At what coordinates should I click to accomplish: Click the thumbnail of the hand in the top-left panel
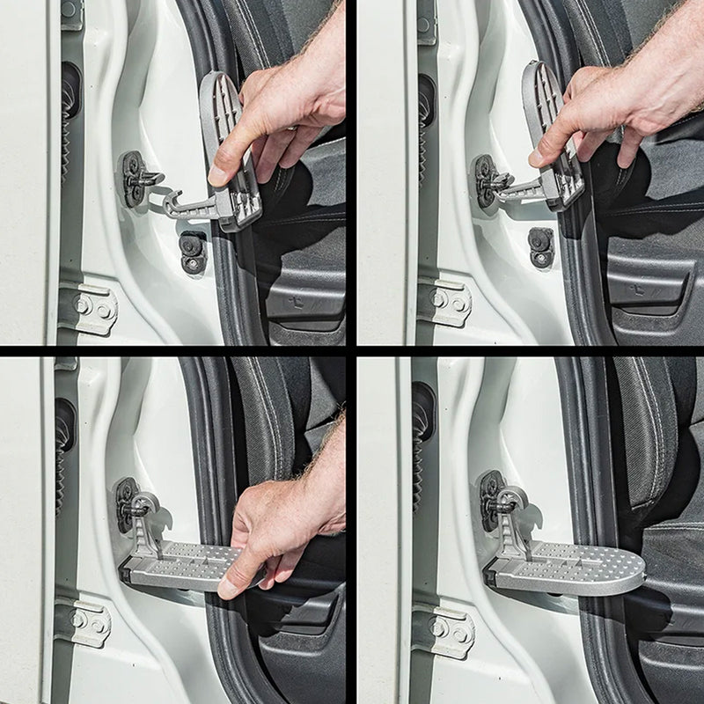217,174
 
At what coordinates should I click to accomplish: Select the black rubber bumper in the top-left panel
192,252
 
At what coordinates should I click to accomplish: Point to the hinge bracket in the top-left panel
88,308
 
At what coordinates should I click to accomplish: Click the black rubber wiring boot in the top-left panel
70,114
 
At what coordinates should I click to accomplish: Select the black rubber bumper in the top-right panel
540,247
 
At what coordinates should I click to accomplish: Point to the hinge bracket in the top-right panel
444,302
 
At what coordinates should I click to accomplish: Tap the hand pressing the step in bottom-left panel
282,528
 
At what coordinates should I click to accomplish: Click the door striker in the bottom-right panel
493,497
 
